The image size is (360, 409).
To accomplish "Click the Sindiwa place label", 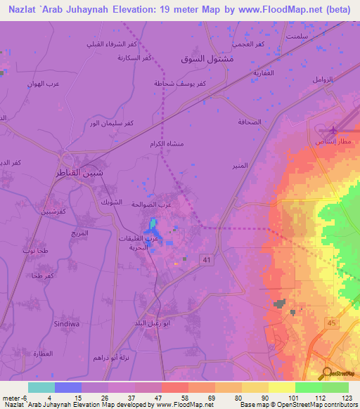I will [x=65, y=324].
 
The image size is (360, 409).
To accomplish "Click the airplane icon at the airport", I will [x=331, y=130].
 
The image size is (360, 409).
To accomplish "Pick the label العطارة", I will [x=43, y=353].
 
